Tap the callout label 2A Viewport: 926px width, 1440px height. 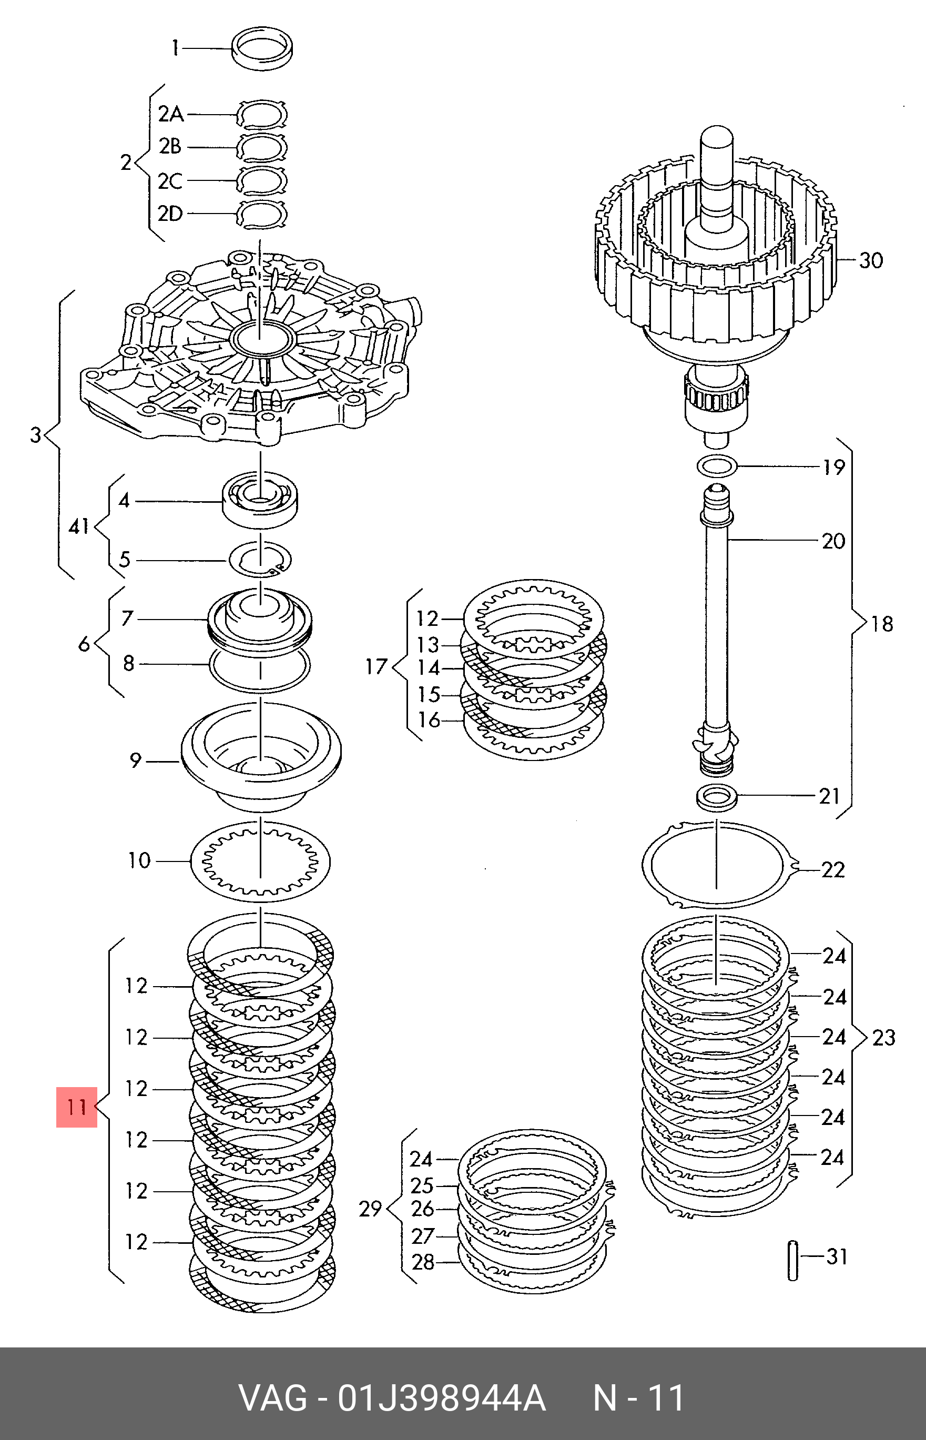point(171,114)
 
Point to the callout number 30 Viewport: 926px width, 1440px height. point(871,260)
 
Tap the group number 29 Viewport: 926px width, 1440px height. point(370,1209)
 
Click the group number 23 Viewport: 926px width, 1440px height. point(883,1037)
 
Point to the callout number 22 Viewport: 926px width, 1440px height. point(833,869)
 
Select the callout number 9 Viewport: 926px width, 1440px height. point(136,760)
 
